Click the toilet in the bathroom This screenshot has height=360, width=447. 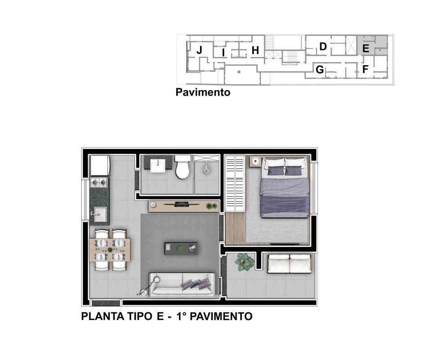tap(183, 167)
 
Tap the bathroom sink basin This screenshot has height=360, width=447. tap(157, 166)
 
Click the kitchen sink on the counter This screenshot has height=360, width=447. tap(100, 214)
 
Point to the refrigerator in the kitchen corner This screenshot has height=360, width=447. tap(100, 165)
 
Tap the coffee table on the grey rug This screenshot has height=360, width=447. tap(181, 249)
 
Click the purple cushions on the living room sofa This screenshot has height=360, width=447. tap(196, 284)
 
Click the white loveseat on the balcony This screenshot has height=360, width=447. tap(289, 264)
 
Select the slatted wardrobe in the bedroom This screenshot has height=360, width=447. tap(235, 184)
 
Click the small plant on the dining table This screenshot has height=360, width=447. tap(110, 250)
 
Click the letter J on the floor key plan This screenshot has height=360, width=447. tap(199, 50)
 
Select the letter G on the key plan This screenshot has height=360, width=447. tap(320, 69)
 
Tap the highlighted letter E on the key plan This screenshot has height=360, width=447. tap(366, 49)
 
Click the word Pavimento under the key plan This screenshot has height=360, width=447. tap(203, 92)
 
